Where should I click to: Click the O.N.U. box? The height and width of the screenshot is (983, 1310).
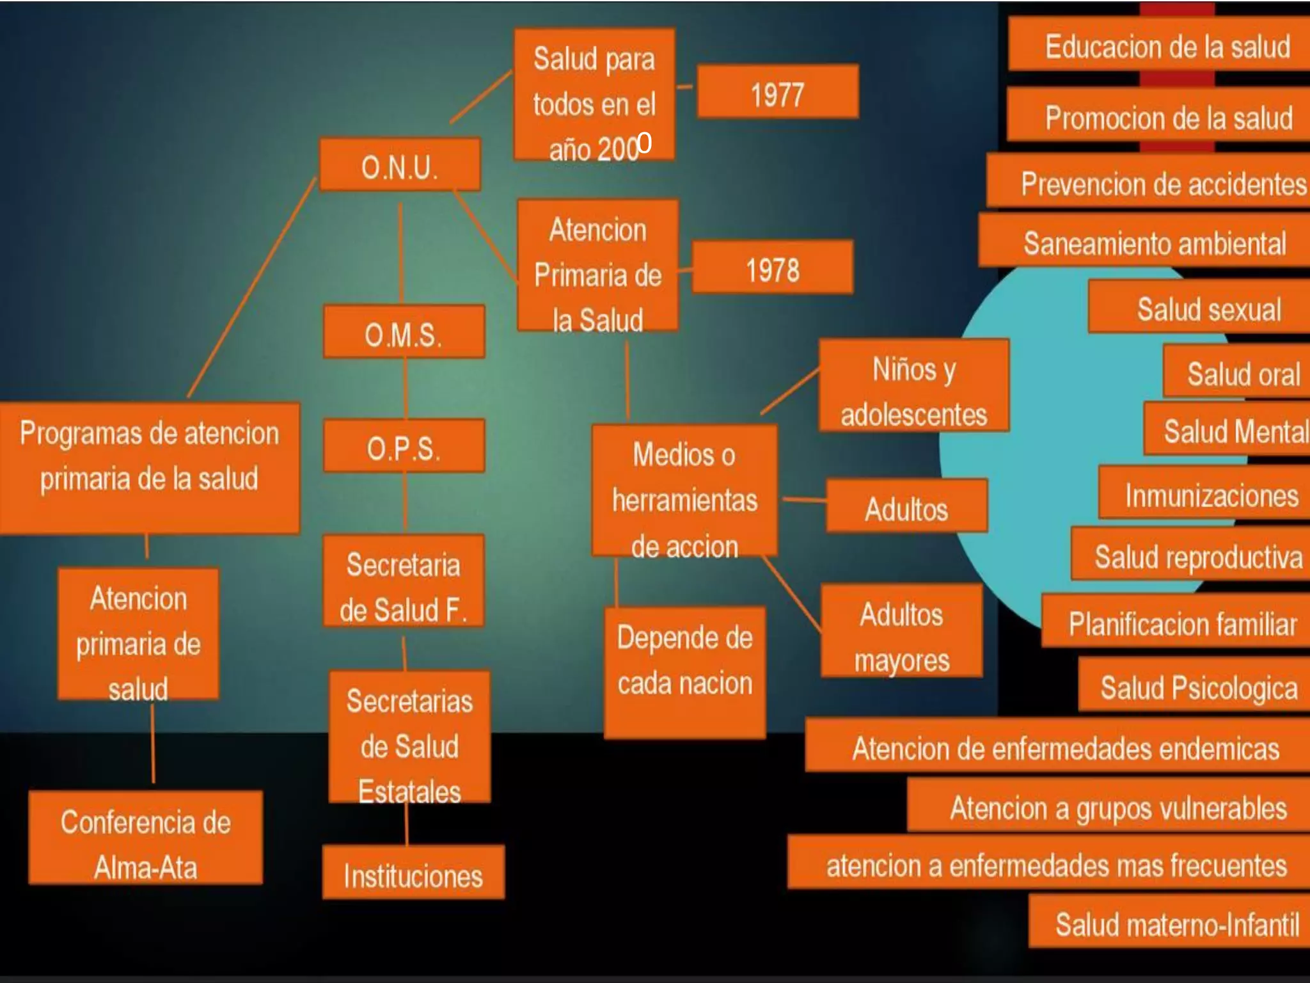click(x=400, y=165)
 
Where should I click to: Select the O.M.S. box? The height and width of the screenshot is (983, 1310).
click(x=404, y=332)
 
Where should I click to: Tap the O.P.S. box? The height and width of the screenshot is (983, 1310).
click(x=404, y=446)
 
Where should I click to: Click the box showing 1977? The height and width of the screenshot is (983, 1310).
click(x=777, y=92)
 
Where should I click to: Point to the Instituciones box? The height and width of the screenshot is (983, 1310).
click(x=413, y=873)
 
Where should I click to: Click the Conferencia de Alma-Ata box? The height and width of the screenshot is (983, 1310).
click(x=146, y=839)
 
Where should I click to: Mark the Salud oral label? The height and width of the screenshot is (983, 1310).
click(x=1243, y=372)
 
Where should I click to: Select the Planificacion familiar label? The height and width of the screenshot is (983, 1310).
click(x=1183, y=622)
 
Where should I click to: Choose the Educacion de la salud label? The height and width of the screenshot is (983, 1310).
click(x=1167, y=46)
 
